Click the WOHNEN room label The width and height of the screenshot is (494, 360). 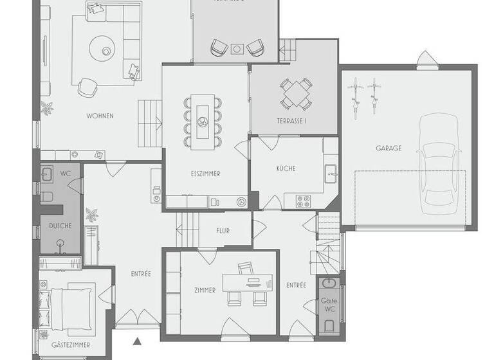[x=100, y=116]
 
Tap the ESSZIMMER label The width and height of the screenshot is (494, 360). [x=206, y=174]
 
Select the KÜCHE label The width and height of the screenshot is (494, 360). [x=286, y=168]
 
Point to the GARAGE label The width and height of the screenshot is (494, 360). [x=389, y=148]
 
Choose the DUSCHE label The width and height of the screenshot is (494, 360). [x=60, y=226]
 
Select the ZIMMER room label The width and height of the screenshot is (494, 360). [x=205, y=291]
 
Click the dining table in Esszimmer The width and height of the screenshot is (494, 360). [x=202, y=120]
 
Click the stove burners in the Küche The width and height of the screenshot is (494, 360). [x=303, y=201]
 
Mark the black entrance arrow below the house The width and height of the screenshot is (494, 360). [x=136, y=341]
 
